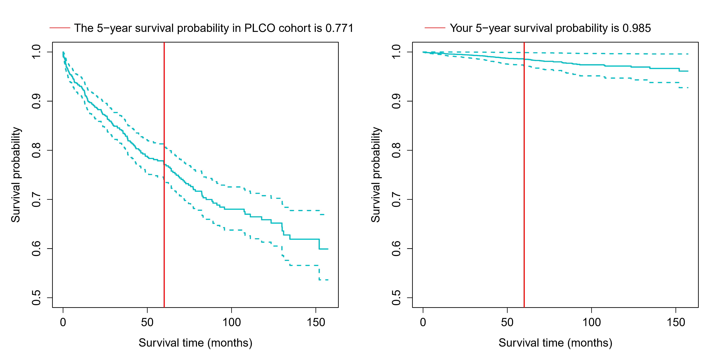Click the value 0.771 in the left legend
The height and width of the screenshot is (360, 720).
coord(339,28)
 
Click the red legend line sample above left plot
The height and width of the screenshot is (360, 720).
coord(60,28)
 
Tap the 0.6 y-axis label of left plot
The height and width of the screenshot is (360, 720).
coord(36,248)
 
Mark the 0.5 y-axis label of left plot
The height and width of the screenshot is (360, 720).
coord(36,298)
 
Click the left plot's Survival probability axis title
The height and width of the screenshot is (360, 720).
coord(16,175)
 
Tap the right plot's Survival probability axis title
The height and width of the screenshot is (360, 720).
coord(376,175)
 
